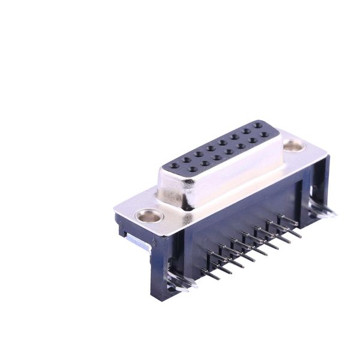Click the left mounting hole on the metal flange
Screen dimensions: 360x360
click(149, 215)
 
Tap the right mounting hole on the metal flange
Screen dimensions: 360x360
click(293, 145)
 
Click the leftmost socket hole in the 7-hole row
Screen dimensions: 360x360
click(193, 169)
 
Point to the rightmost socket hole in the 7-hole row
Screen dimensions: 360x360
click(264, 134)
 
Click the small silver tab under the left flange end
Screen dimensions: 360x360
click(138, 243)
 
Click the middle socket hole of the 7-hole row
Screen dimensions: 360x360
click(229, 152)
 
